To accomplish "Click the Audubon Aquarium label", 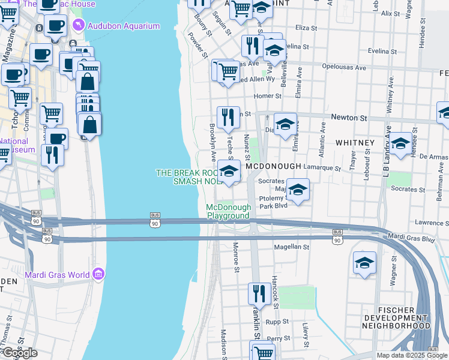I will point(124,26).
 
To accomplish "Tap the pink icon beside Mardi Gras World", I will point(98,275).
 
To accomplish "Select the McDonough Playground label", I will point(228,211).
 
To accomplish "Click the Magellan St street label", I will point(291,247).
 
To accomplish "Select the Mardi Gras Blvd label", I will point(411,238).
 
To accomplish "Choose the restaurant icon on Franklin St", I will point(258,293).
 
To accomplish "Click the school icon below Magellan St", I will point(364,263).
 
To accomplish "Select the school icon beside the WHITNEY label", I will point(400,144).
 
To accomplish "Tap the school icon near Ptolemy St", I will point(297,190).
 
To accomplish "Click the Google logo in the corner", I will point(19,353).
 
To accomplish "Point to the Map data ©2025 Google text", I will point(412,355).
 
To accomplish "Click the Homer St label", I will point(268,96).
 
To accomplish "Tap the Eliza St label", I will point(306,28).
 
